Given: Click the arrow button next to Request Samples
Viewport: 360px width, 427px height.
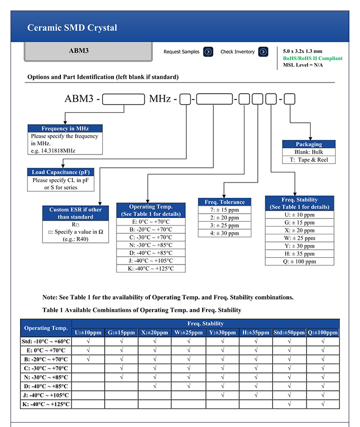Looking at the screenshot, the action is click(x=208, y=52).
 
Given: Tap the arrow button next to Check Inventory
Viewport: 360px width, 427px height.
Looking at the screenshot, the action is click(x=263, y=52).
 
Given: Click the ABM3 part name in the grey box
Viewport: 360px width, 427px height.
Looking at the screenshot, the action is click(x=79, y=51).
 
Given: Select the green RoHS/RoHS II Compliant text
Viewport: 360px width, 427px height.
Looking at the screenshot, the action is click(x=312, y=58).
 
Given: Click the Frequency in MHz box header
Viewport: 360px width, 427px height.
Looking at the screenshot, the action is click(x=65, y=128).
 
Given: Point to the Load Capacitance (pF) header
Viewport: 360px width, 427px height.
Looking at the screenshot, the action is click(x=61, y=172).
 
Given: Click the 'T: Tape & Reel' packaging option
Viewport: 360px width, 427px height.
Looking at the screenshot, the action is click(x=309, y=160).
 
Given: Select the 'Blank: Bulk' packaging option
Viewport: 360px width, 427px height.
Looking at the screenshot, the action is click(x=309, y=152).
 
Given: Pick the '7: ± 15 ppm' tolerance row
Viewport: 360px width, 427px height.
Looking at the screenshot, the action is click(x=224, y=210).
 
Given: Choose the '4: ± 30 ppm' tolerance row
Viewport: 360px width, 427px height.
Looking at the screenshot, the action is click(x=224, y=233).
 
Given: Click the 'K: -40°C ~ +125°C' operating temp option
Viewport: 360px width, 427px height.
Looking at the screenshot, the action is click(x=151, y=268).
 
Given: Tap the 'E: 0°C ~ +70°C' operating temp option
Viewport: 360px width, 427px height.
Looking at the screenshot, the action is click(x=151, y=222).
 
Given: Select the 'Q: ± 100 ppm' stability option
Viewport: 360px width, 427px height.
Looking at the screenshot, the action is click(x=300, y=262).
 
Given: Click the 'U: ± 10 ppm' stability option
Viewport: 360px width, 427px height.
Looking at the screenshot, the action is click(x=300, y=215).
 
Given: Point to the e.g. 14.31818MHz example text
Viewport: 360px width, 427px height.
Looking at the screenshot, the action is click(x=53, y=151).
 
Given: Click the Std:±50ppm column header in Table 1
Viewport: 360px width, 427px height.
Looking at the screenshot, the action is click(x=289, y=332).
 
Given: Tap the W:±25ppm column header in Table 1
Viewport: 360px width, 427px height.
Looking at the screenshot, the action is click(x=188, y=332).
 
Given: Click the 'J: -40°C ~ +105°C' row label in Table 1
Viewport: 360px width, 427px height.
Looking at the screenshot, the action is click(x=46, y=395).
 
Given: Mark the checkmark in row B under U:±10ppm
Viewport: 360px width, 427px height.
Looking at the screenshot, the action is click(x=88, y=359).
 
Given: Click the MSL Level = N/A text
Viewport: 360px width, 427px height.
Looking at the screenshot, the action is click(x=303, y=65).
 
